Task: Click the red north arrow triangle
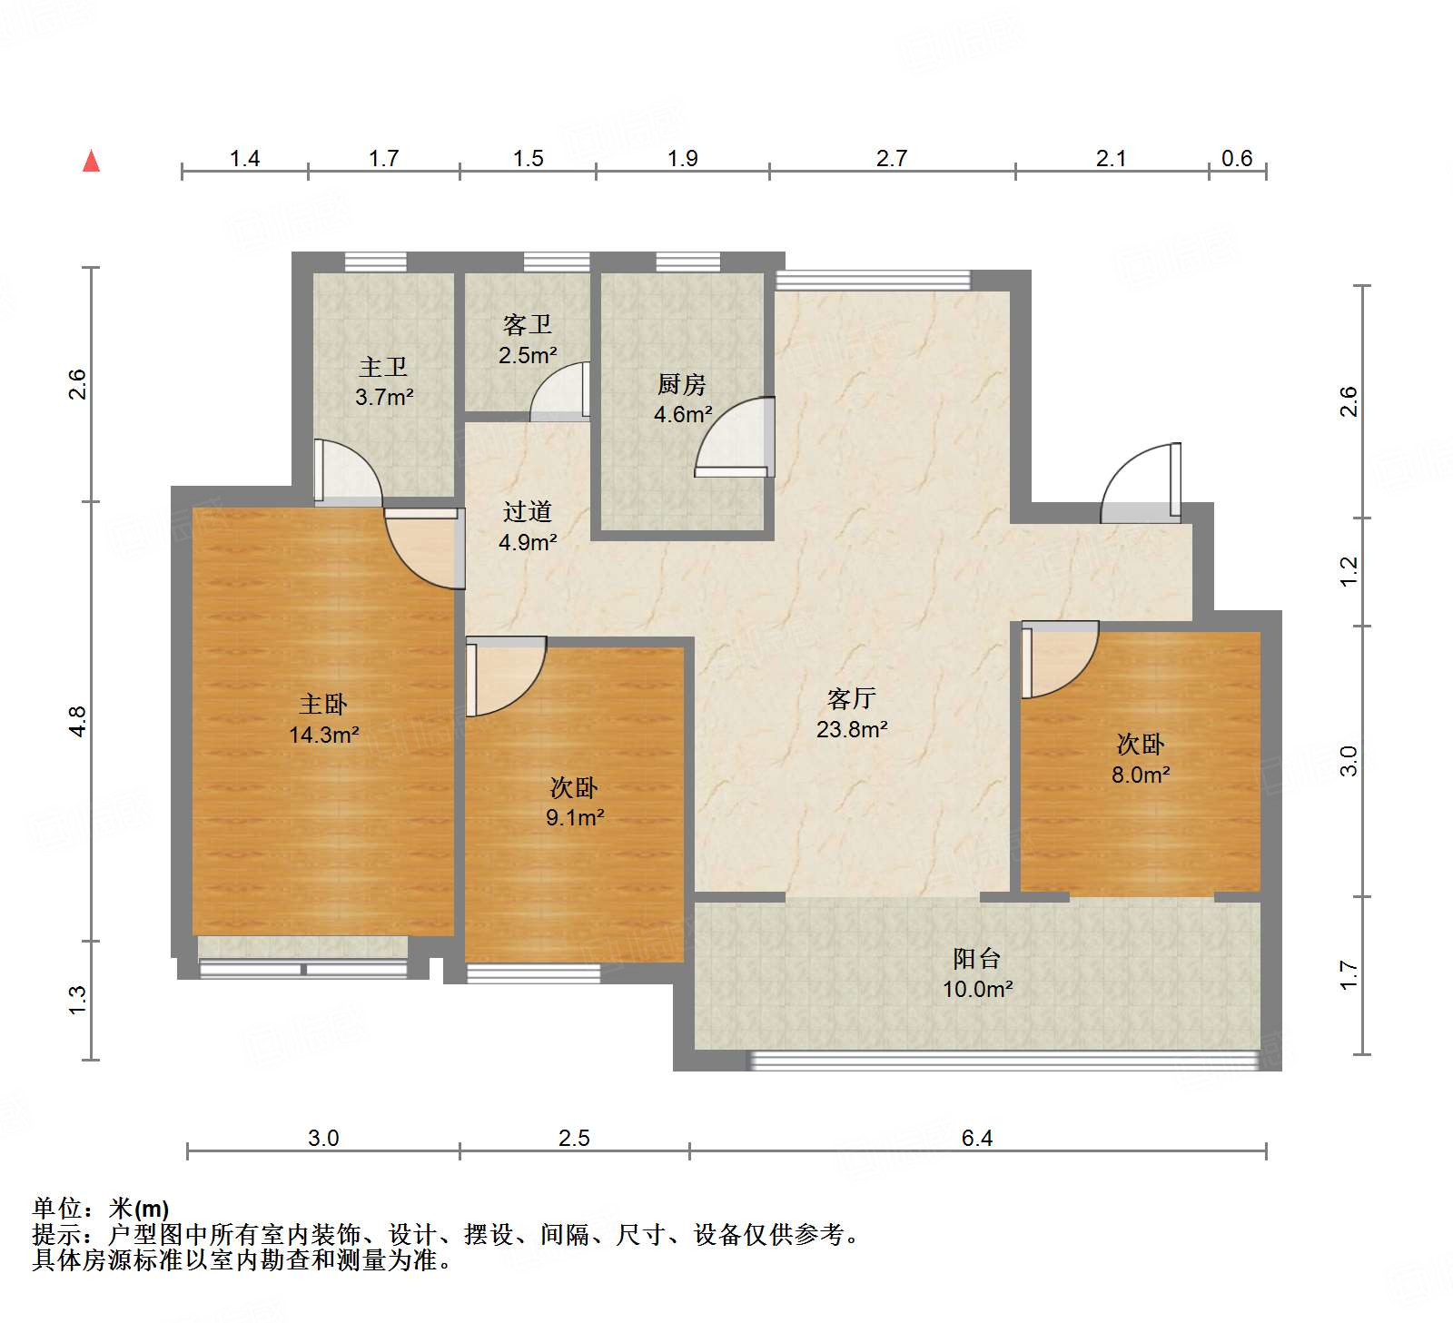[91, 162]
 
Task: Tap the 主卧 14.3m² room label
[323, 719]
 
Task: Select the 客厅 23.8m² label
[851, 714]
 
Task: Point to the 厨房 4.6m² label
[682, 400]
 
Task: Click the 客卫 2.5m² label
[527, 340]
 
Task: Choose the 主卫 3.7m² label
[383, 382]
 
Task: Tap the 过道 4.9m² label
[527, 527]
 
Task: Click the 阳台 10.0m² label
[976, 973]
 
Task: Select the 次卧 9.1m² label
[574, 803]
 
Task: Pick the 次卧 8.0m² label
[1140, 759]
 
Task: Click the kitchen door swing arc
[734, 436]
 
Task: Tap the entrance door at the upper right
[1141, 481]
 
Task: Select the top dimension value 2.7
[891, 158]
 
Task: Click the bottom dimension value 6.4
[976, 1138]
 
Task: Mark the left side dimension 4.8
[77, 721]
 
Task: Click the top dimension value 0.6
[1236, 158]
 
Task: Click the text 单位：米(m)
[101, 1209]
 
